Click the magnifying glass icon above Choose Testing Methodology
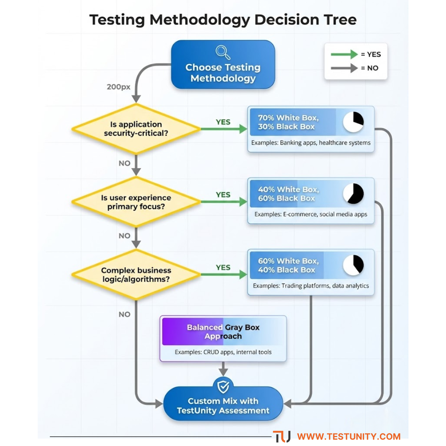point(223,52)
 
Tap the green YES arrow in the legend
point(344,55)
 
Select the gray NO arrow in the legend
point(344,68)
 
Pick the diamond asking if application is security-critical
point(136,129)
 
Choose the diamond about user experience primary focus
point(136,202)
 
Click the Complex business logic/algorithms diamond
point(136,275)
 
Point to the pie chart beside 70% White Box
point(353,122)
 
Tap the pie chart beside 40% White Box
point(353,194)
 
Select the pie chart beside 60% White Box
point(353,265)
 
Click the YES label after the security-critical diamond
point(223,122)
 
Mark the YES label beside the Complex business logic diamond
point(223,268)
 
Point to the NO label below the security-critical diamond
point(125,163)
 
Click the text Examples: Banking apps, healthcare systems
point(311,143)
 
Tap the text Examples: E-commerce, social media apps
point(311,214)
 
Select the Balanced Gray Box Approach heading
point(223,332)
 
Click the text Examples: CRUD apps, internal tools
point(223,352)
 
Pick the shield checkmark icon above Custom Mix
point(223,386)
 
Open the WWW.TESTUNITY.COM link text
point(349,436)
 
